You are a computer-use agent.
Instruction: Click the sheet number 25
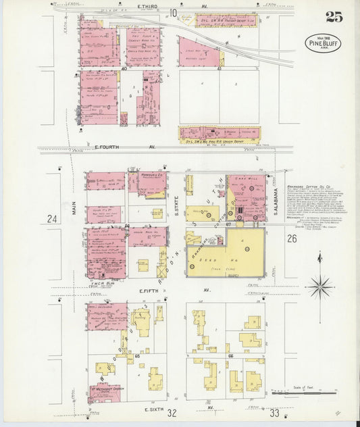333,16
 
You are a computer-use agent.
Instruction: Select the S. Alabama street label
276,199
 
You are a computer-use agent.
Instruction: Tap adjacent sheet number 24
53,218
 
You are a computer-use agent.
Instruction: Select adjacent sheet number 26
291,238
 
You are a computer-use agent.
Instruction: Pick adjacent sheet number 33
274,412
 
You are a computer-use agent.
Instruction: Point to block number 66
230,355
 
